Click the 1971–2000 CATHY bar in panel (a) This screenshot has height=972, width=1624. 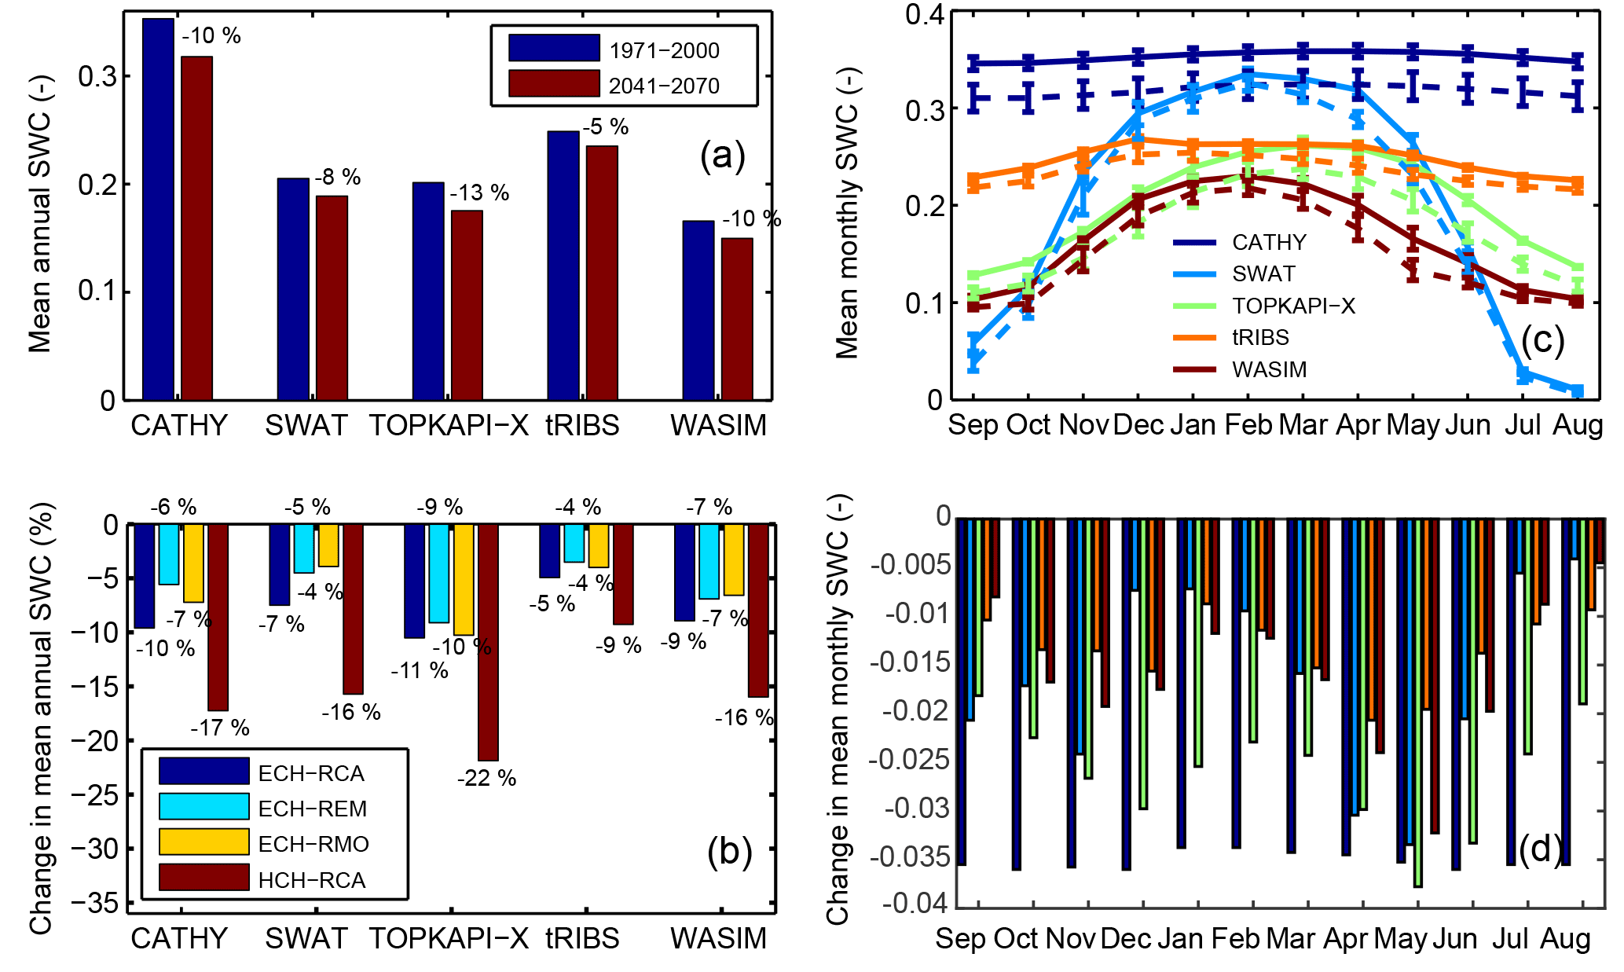click(158, 209)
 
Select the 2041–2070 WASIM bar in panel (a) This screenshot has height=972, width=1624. click(737, 319)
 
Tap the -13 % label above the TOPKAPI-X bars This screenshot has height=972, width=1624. click(479, 193)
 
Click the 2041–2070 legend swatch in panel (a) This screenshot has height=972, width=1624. click(554, 84)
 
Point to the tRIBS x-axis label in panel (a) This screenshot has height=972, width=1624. click(582, 425)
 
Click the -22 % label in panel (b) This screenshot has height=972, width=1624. click(487, 778)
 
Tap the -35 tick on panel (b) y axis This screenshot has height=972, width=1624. click(96, 904)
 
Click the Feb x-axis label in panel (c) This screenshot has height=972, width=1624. click(1248, 425)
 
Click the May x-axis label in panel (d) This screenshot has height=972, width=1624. click(1400, 939)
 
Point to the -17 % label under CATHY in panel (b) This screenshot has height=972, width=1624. click(220, 728)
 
